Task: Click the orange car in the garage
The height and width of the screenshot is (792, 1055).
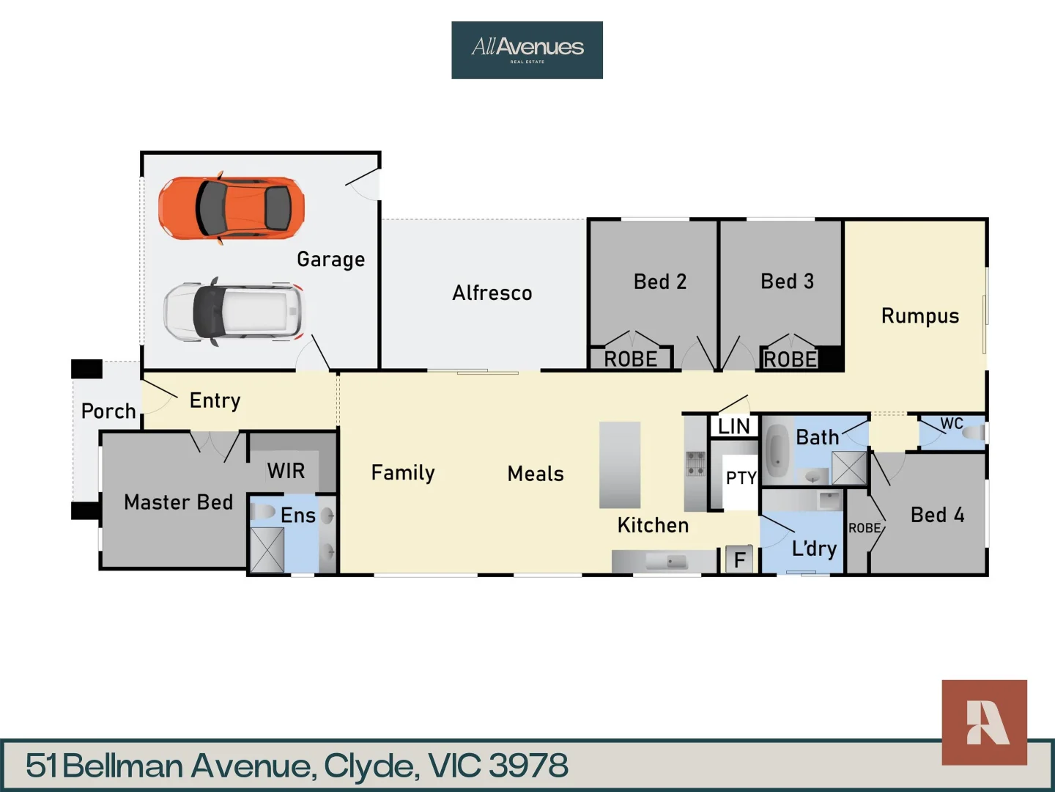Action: (232, 208)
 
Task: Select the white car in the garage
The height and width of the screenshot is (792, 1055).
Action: (232, 312)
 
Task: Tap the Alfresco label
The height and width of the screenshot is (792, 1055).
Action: (492, 293)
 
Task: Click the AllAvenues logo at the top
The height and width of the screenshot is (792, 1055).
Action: (527, 50)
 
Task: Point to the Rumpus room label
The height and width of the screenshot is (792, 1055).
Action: (919, 316)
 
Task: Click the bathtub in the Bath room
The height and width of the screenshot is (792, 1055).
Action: (776, 451)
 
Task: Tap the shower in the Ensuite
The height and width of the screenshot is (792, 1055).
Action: (267, 549)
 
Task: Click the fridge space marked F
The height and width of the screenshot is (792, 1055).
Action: (739, 560)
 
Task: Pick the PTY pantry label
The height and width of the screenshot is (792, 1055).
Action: (741, 478)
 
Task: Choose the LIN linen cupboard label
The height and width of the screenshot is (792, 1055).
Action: (733, 427)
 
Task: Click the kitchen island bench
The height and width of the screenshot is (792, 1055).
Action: (620, 465)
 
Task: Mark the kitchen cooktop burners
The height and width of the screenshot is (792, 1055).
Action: (695, 463)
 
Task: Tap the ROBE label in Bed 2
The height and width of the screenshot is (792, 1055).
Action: (630, 359)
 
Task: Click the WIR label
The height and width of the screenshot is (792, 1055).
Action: (286, 471)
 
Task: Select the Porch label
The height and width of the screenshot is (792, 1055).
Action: (108, 411)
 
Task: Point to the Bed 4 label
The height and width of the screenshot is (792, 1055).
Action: (937, 515)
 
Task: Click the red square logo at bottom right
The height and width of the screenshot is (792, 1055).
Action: (984, 722)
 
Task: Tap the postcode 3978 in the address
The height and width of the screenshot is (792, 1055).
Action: (528, 766)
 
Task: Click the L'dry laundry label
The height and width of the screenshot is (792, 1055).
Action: (814, 549)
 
